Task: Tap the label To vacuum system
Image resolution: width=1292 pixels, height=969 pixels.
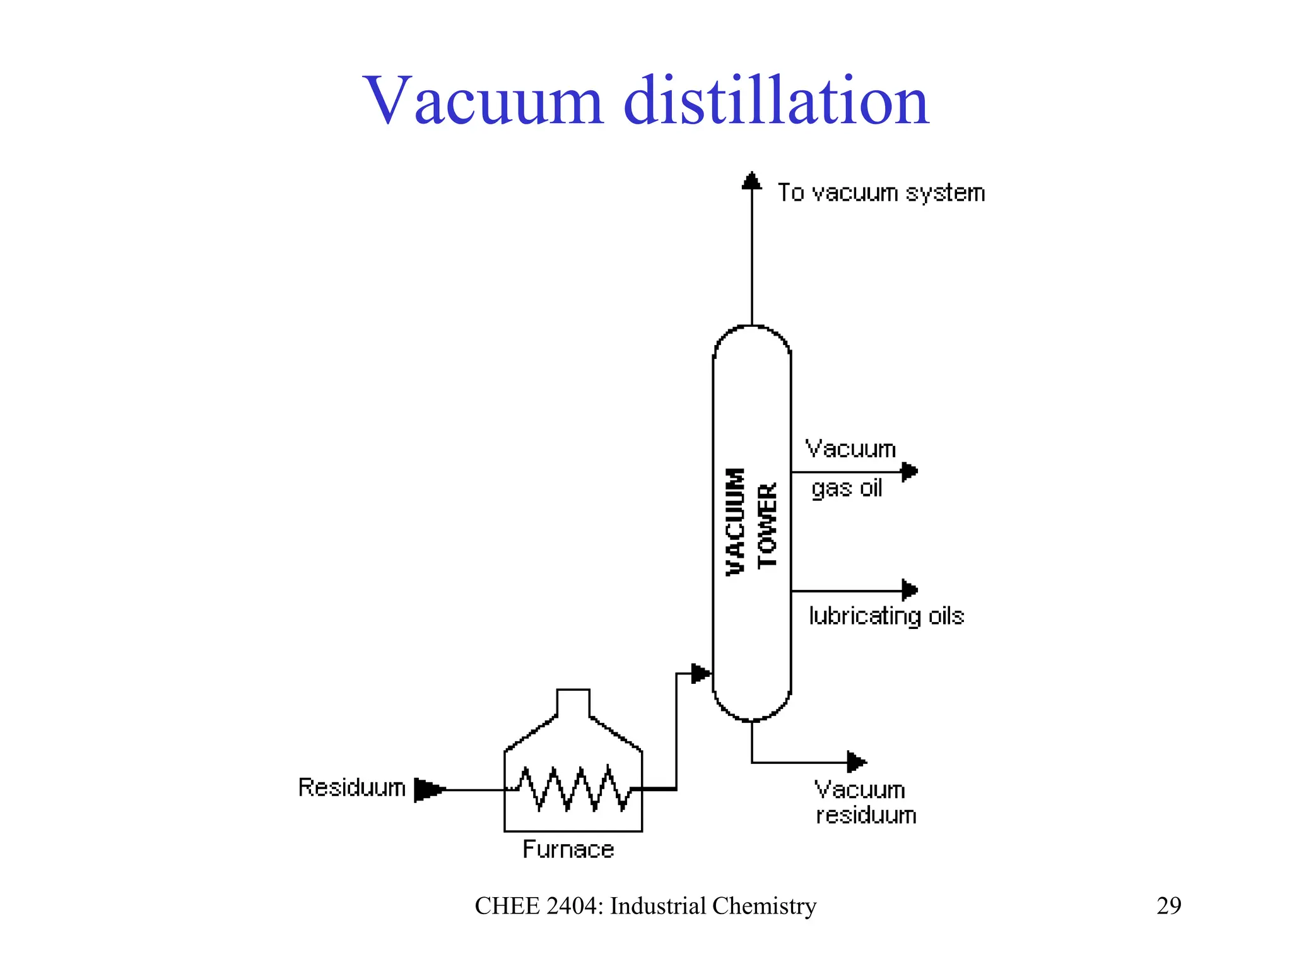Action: [881, 192]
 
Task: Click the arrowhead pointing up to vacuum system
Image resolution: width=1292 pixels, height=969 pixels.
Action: [751, 181]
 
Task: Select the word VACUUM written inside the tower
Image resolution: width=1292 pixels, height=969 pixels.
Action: [735, 522]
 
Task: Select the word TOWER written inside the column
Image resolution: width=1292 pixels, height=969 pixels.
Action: [767, 526]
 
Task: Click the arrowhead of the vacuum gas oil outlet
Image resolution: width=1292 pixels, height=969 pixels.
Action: [909, 471]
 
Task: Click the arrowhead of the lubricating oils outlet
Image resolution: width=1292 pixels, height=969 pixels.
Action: [909, 590]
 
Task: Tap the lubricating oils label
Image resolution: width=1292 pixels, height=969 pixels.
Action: [886, 616]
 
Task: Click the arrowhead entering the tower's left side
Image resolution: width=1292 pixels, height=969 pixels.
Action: [701, 673]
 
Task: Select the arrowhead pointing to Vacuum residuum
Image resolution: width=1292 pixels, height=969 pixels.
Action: [856, 762]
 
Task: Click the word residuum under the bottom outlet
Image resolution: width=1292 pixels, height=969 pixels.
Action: [866, 816]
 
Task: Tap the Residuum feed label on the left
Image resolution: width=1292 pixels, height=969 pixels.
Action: [351, 787]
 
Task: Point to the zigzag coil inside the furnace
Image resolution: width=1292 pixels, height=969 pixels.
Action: [573, 789]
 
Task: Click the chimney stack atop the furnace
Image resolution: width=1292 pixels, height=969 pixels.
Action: [573, 702]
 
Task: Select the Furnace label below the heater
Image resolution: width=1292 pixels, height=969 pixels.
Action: [568, 850]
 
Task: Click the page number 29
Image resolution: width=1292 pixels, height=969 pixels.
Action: [1168, 906]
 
